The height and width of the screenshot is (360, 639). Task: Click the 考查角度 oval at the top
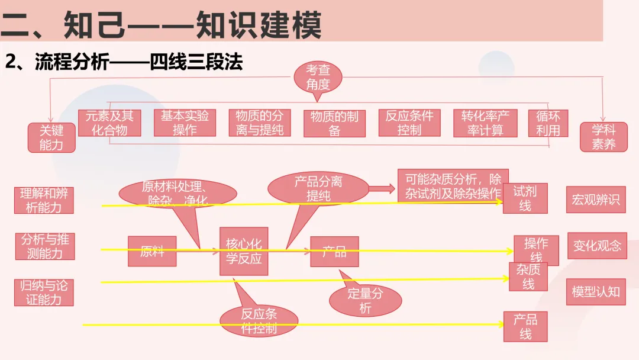pyautogui.click(x=318, y=78)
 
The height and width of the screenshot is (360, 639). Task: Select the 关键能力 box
pyautogui.click(x=51, y=137)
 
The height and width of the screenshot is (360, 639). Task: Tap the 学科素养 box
pyautogui.click(x=603, y=137)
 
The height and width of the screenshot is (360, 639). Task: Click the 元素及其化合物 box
pyautogui.click(x=109, y=123)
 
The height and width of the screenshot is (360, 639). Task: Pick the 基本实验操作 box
pyautogui.click(x=185, y=123)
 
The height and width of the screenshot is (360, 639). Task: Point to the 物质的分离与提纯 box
pyautogui.click(x=260, y=123)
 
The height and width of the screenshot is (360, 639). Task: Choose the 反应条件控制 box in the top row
pyautogui.click(x=409, y=123)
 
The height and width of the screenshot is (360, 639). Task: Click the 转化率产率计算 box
pyautogui.click(x=485, y=123)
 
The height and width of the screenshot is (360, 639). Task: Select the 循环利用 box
pyautogui.click(x=548, y=123)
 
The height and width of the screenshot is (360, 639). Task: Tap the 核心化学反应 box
pyautogui.click(x=244, y=251)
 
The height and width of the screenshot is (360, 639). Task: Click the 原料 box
pyautogui.click(x=152, y=251)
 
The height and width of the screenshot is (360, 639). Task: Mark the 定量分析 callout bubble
pyautogui.click(x=366, y=301)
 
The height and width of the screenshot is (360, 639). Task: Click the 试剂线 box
pyautogui.click(x=525, y=198)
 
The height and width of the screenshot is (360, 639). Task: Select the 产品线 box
pyautogui.click(x=525, y=327)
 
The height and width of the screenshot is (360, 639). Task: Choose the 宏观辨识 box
pyautogui.click(x=596, y=200)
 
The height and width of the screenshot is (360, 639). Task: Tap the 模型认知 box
pyautogui.click(x=596, y=291)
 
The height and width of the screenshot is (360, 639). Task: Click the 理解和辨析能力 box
pyautogui.click(x=44, y=200)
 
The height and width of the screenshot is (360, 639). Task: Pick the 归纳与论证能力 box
pyautogui.click(x=44, y=292)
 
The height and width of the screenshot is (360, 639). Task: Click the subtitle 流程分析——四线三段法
pyautogui.click(x=124, y=63)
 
